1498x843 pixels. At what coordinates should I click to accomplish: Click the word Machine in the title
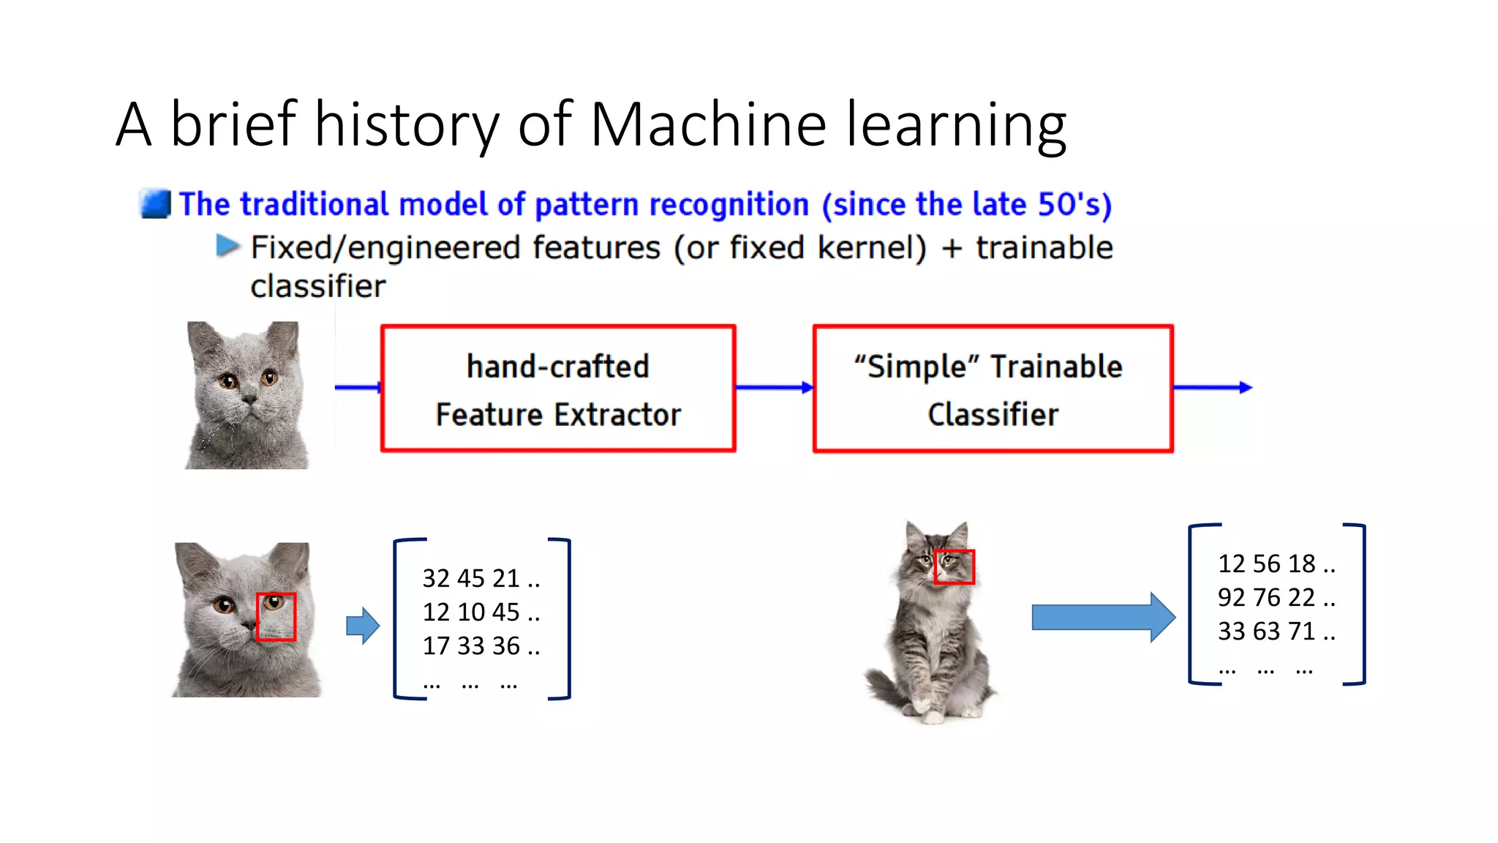coord(707,124)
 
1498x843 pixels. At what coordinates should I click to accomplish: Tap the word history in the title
coord(407,124)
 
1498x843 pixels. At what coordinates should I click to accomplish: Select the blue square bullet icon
coord(155,204)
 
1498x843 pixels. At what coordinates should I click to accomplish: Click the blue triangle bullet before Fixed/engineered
coord(227,246)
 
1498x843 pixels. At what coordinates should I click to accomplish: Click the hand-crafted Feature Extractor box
coord(558,389)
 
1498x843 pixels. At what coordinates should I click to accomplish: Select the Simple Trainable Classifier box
coord(993,389)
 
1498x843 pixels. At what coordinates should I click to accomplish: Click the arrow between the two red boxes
coord(774,387)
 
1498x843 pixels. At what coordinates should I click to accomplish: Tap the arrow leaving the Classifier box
coord(1213,387)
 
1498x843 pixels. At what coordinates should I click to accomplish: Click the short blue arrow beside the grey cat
coord(363,626)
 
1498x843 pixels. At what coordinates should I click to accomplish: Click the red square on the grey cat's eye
coord(276,617)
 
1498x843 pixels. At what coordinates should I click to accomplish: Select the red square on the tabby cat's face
coord(954,567)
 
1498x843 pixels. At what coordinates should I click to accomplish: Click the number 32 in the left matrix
coord(436,578)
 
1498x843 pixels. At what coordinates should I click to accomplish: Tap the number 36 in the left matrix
coord(506,645)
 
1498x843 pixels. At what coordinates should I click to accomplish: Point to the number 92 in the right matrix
coord(1231,597)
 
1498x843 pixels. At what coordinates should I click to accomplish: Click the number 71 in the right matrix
coord(1301,631)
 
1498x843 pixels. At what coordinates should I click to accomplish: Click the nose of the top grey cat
coord(249,400)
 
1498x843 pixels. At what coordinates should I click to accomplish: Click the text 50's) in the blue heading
coord(1075,204)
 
